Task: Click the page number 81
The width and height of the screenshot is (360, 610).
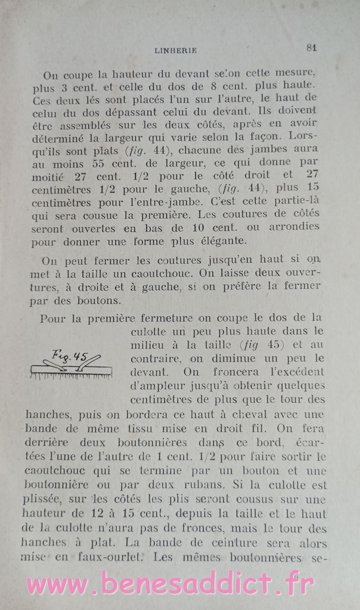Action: pyautogui.click(x=311, y=48)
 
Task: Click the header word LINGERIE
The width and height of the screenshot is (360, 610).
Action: pyautogui.click(x=175, y=51)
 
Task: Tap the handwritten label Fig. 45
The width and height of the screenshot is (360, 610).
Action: pyautogui.click(x=70, y=356)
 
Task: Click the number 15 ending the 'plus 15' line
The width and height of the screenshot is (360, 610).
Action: pyautogui.click(x=312, y=188)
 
